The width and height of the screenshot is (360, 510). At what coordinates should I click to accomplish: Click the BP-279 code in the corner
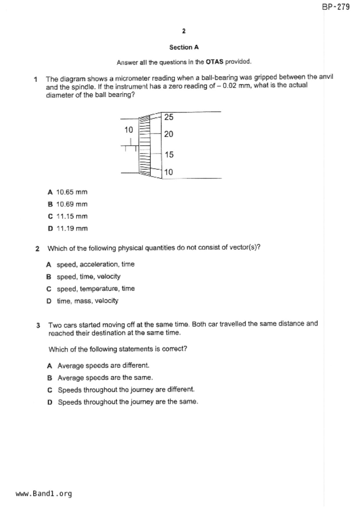(336, 7)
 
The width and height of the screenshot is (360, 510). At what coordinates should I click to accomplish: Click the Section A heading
(184, 47)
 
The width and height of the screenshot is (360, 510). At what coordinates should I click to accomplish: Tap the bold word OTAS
(214, 62)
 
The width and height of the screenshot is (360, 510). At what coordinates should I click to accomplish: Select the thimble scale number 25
(169, 117)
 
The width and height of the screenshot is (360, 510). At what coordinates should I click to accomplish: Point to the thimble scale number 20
(169, 134)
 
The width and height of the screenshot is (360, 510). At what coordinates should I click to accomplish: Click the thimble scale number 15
(169, 154)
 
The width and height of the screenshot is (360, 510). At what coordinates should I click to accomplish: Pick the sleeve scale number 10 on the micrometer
(129, 130)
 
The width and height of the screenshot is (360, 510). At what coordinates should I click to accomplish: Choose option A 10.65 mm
(71, 192)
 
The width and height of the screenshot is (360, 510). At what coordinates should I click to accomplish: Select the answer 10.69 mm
(71, 204)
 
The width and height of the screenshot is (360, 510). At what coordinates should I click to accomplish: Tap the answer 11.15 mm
(72, 216)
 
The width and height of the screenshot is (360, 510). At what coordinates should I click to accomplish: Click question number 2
(37, 249)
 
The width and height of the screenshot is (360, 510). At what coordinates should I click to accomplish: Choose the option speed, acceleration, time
(95, 264)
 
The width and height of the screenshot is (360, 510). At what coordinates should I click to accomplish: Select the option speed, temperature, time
(96, 289)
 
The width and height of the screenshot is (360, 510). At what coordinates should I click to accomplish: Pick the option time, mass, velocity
(87, 301)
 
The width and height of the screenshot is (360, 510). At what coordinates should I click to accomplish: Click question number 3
(38, 325)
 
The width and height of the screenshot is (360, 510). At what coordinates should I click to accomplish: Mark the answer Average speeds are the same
(105, 378)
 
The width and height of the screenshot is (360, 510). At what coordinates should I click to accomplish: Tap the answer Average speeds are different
(103, 365)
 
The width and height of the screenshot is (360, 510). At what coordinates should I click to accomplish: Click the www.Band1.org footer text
(44, 494)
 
